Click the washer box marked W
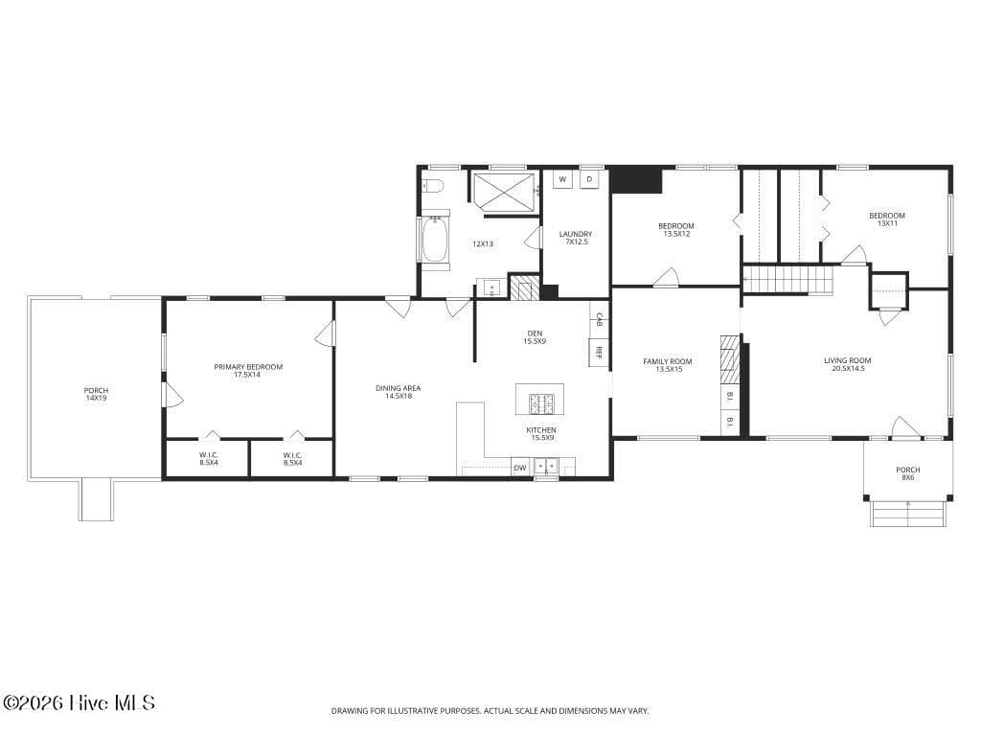562,179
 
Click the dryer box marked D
589,179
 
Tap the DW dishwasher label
520,468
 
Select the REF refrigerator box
599,353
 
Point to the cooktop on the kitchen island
539,403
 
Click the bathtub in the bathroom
434,241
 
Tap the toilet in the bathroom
432,185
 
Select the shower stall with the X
504,193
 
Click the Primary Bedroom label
248,371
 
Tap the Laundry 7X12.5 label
576,238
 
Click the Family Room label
668,365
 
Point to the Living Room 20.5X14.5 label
847,364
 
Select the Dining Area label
398,392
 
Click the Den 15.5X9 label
535,337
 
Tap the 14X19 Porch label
96,394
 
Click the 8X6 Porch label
907,473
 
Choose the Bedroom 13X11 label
886,219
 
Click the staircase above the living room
788,279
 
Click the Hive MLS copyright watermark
79,702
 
